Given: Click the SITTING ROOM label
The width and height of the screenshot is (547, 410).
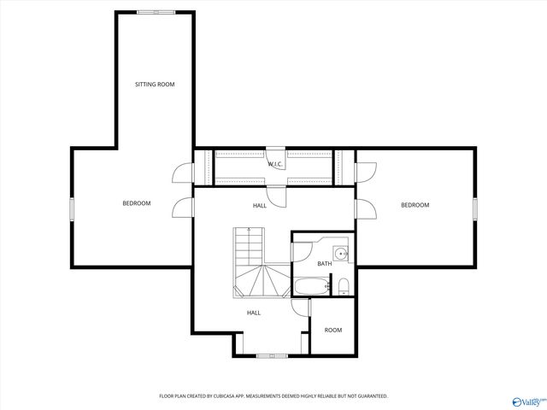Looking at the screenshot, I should pyautogui.click(x=155, y=85).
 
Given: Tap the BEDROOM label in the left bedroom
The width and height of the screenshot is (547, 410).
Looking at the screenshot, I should pyautogui.click(x=137, y=203).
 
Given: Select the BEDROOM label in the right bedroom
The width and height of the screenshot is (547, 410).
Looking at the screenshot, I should pyautogui.click(x=415, y=205).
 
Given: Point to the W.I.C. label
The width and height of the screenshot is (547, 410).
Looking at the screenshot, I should pyautogui.click(x=275, y=164).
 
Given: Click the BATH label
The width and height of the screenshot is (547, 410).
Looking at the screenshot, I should pyautogui.click(x=324, y=264).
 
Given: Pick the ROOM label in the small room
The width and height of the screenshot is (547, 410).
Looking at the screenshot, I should pyautogui.click(x=332, y=330).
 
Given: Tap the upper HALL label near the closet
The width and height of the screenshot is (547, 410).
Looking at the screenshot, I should pyautogui.click(x=259, y=206).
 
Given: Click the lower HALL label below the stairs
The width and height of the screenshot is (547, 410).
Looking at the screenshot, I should pyautogui.click(x=254, y=313).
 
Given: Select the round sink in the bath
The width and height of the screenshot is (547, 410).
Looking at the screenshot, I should pyautogui.click(x=341, y=253).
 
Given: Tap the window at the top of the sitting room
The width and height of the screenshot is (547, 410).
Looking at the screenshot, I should pyautogui.click(x=155, y=12).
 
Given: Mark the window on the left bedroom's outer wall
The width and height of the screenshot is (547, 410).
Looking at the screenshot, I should pyautogui.click(x=73, y=208).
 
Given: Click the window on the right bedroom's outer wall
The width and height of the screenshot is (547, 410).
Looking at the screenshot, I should pyautogui.click(x=474, y=208).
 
